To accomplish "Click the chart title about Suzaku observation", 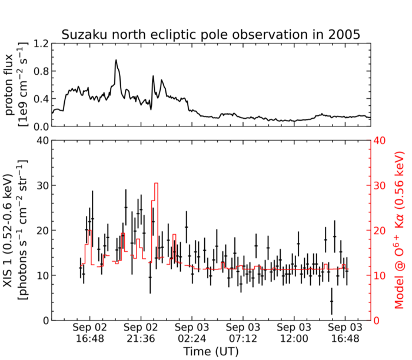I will coord(211,34).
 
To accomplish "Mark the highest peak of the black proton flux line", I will coord(116,60).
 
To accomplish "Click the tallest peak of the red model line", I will coord(156,184).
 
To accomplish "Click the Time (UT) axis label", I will coord(210,351).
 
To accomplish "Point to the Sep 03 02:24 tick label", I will coord(192,333).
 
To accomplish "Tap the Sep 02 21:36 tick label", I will coord(141,333).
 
